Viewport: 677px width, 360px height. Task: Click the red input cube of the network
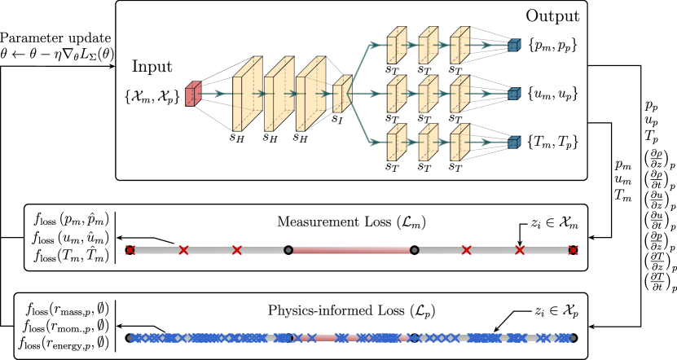[192, 94]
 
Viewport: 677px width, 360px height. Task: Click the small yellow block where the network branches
[342, 94]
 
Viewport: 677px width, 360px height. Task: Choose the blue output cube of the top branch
[513, 46]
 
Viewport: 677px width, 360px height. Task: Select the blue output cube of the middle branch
[513, 94]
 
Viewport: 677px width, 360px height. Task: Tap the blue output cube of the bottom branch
[513, 143]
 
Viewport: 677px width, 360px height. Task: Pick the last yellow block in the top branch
[459, 46]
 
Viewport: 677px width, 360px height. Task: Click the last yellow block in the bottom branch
[459, 143]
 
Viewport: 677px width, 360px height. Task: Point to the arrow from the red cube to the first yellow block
[215, 94]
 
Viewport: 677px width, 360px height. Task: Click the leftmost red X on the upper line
[130, 250]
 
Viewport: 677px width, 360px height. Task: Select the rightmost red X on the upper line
[573, 250]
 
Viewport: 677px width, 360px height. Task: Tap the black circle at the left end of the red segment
[288, 250]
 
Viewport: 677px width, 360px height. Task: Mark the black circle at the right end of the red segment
[415, 250]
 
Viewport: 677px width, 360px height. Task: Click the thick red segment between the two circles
[351, 250]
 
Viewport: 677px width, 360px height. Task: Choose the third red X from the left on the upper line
[237, 250]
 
